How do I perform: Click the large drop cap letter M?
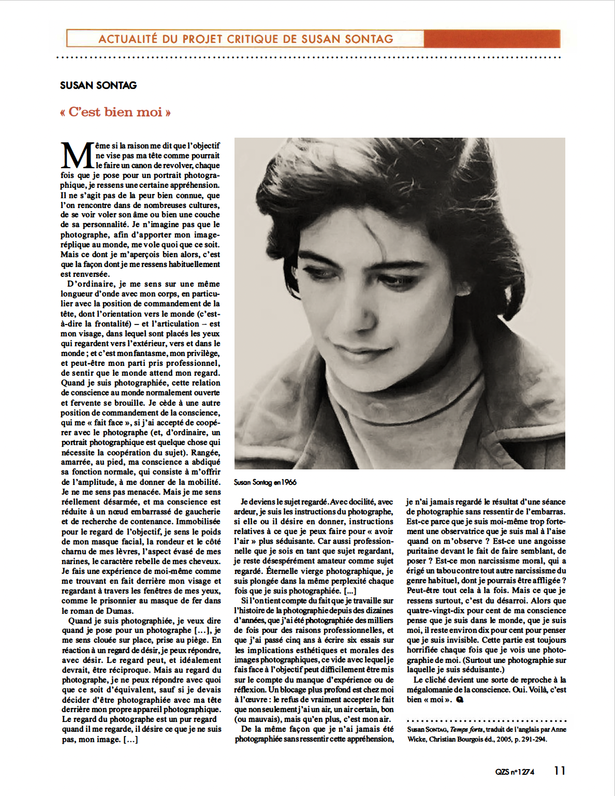tap(77, 156)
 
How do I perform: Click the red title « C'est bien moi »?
tap(115, 112)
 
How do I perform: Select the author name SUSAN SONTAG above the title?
tap(98, 85)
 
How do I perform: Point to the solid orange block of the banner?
tap(491, 39)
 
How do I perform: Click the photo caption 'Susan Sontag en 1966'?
tap(265, 482)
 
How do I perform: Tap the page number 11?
tap(560, 771)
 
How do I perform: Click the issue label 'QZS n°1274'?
tap(515, 772)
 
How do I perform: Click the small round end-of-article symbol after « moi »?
tap(460, 700)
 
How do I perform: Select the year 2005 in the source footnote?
tap(506, 739)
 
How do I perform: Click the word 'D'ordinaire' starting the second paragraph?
tap(90, 284)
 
